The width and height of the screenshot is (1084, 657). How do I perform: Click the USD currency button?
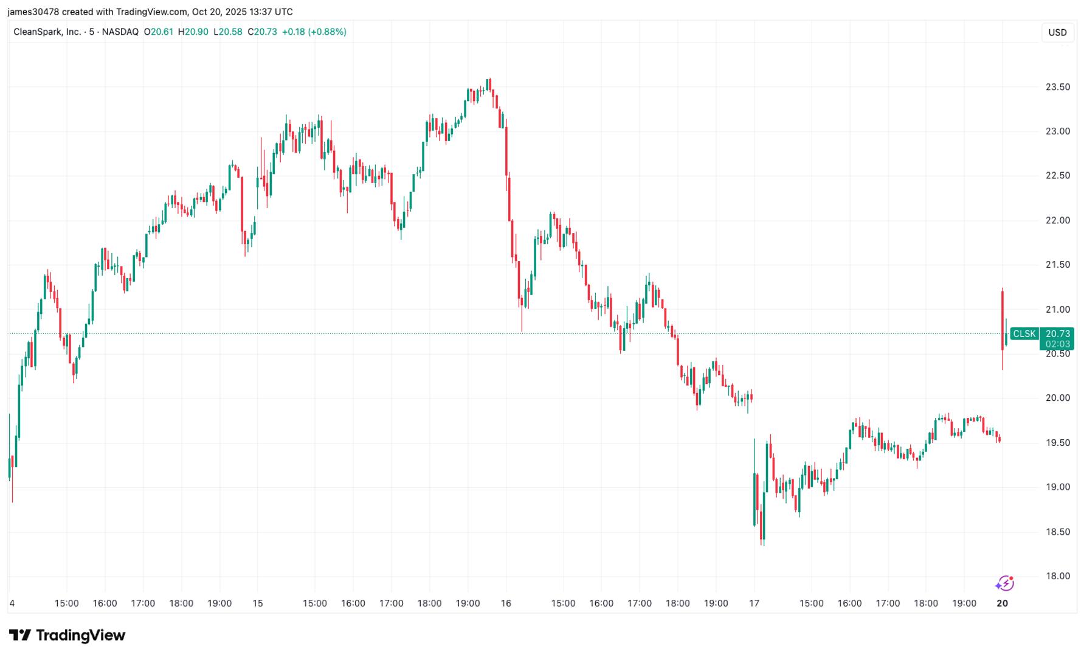click(1057, 32)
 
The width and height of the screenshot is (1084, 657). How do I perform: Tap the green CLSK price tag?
click(1024, 334)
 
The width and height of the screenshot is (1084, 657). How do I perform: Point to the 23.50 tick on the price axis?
click(1057, 87)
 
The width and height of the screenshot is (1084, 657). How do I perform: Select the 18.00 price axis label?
click(1057, 576)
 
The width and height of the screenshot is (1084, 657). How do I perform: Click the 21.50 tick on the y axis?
click(1057, 265)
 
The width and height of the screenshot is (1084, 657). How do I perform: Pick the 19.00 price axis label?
click(1057, 487)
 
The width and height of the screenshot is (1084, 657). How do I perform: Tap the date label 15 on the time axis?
click(258, 603)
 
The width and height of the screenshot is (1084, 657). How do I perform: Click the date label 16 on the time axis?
click(506, 603)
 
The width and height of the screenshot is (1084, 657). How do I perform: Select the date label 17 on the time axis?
click(754, 603)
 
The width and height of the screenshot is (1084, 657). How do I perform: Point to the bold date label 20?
click(1002, 603)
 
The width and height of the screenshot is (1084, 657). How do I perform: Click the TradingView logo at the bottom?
click(67, 636)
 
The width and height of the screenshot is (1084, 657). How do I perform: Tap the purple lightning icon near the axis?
click(1004, 584)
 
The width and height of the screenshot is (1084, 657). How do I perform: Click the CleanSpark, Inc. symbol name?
click(47, 32)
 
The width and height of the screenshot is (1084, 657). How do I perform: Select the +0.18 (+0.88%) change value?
click(314, 32)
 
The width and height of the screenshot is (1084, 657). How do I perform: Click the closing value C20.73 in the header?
click(262, 32)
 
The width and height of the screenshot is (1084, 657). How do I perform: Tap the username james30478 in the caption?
click(33, 12)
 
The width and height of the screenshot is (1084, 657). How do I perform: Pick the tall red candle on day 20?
click(1002, 319)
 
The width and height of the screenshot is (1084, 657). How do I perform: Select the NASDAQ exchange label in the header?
click(120, 32)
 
